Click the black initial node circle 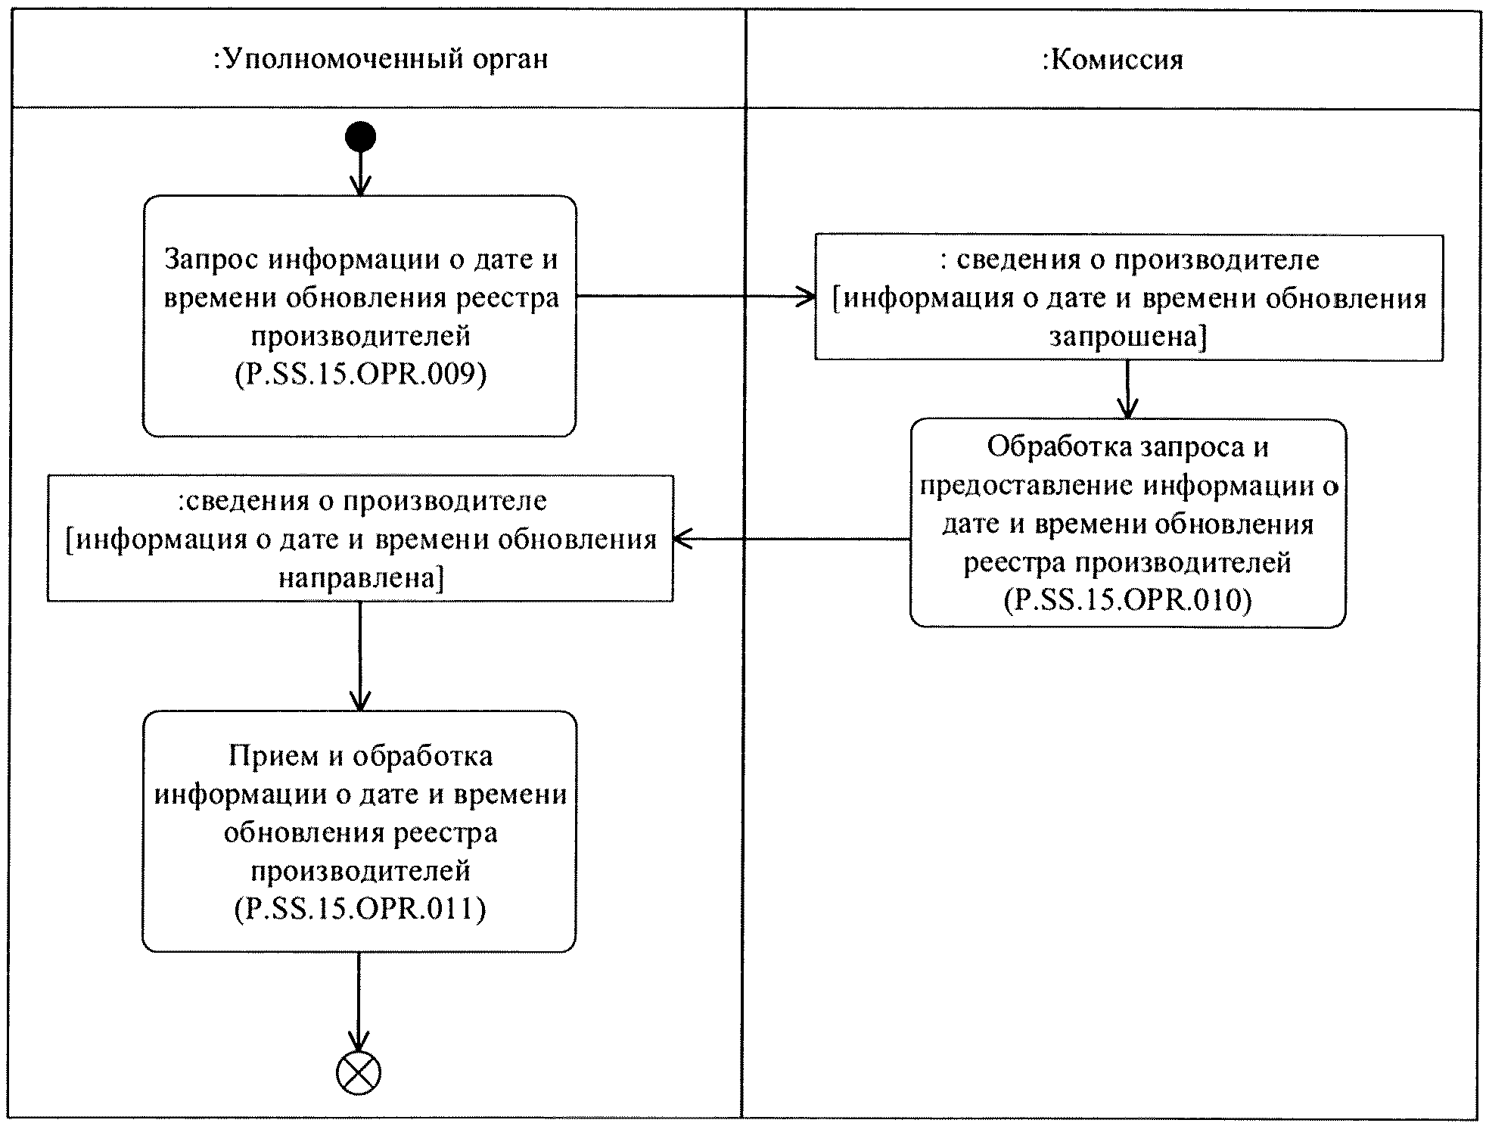click(x=360, y=137)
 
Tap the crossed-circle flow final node click(x=358, y=1072)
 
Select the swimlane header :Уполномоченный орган click(x=381, y=59)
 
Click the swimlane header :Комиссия click(x=1112, y=59)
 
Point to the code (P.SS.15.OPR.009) click(x=360, y=374)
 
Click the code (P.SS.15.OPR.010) click(x=1127, y=599)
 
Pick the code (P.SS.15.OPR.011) click(x=360, y=908)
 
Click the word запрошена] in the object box click(x=1127, y=336)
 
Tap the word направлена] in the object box click(x=360, y=578)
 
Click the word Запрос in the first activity click(x=212, y=259)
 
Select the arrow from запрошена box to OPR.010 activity click(x=1127, y=389)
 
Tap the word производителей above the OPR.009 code click(x=360, y=335)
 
